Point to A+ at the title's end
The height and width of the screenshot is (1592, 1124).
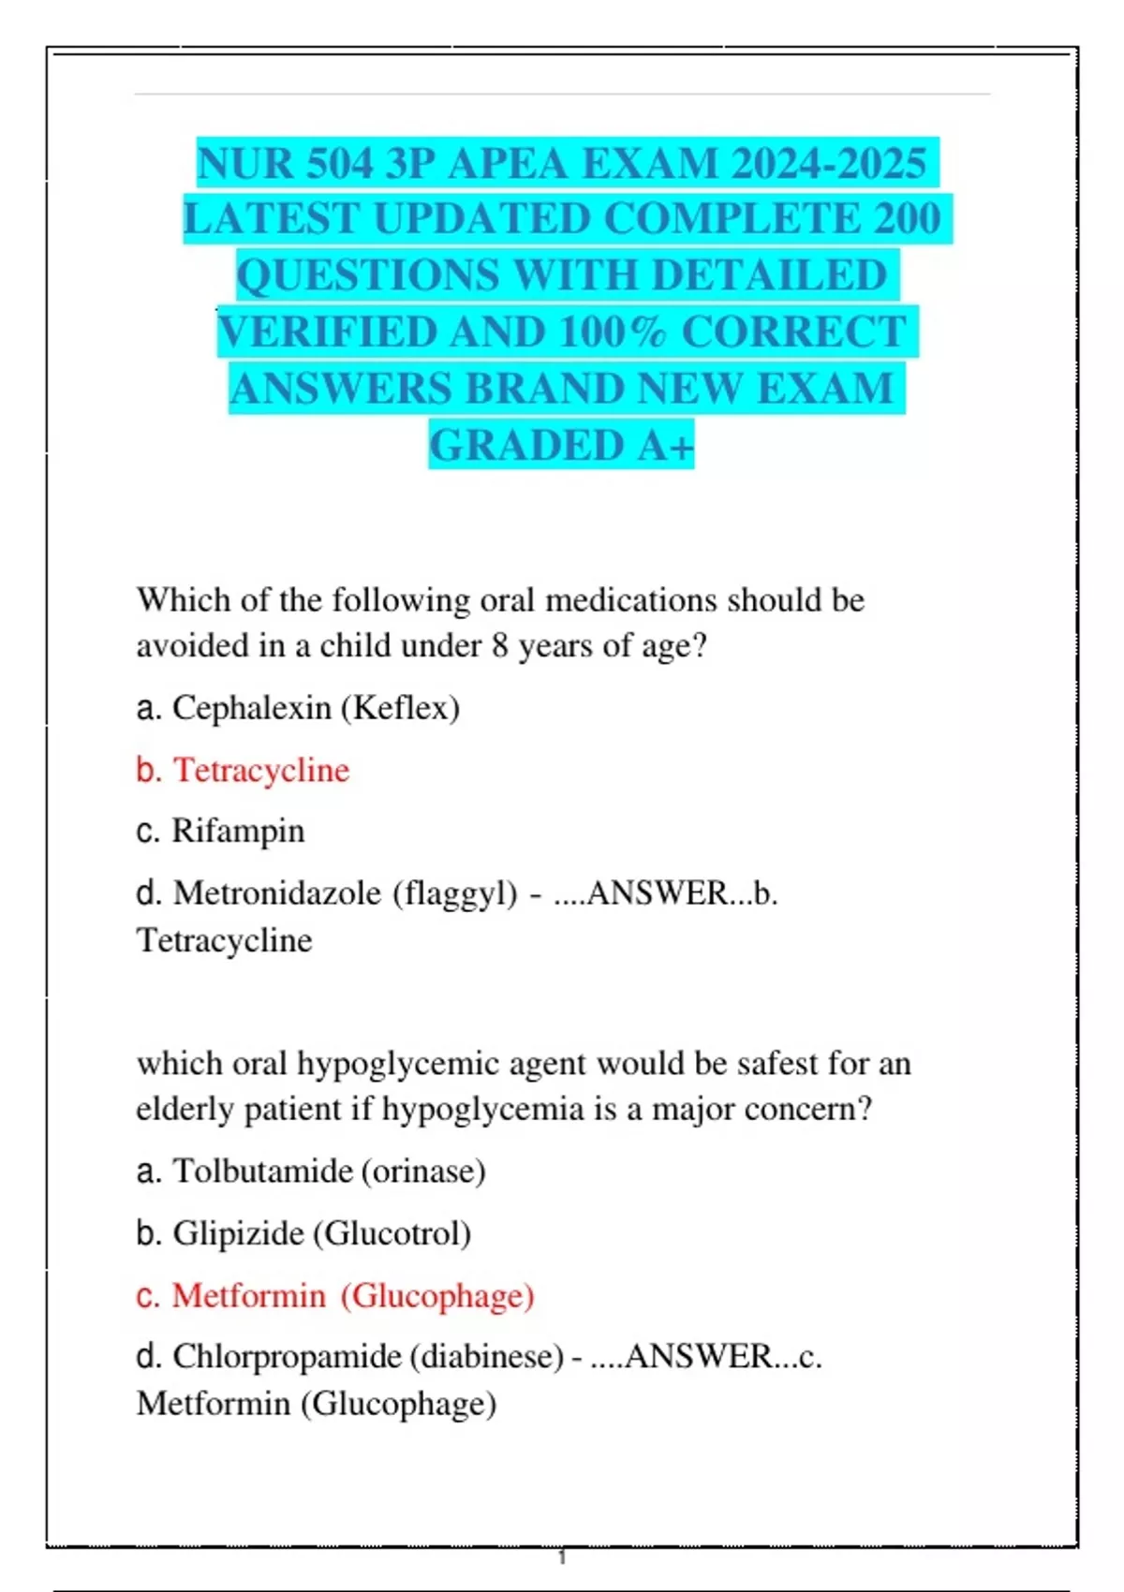click(x=666, y=446)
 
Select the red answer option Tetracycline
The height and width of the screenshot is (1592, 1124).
click(x=261, y=770)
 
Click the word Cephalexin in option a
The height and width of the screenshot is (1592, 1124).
click(x=251, y=708)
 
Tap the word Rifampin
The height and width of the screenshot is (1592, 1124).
click(x=238, y=831)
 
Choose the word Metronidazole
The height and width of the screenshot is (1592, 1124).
click(x=277, y=893)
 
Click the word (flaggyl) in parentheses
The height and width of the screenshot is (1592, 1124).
click(x=455, y=893)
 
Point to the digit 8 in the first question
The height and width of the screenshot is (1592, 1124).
click(x=500, y=646)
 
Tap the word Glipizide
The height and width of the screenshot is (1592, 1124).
click(x=238, y=1233)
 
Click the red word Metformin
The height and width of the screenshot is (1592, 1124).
click(x=248, y=1296)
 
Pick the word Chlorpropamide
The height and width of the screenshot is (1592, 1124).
click(x=287, y=1357)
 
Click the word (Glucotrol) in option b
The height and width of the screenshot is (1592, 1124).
click(x=392, y=1233)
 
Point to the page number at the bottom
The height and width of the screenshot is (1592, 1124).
click(x=562, y=1557)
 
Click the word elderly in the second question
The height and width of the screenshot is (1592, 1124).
click(x=184, y=1110)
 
